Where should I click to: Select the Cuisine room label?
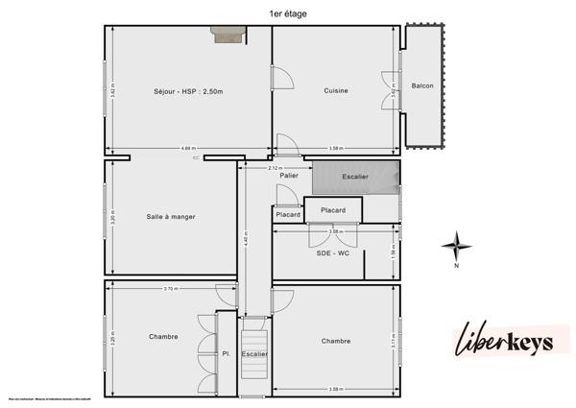point(335,91)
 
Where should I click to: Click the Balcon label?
point(421,86)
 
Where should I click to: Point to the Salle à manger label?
point(171,217)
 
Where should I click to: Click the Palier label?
point(288,176)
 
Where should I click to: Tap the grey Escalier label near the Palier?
point(355,178)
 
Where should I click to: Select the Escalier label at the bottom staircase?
point(254,354)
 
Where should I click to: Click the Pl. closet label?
point(227,354)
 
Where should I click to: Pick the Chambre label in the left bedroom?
point(163,337)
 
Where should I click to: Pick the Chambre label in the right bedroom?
point(335,341)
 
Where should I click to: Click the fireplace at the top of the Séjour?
point(228,35)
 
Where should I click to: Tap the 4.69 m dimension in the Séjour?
point(188,148)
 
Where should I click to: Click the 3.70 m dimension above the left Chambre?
point(170,289)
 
